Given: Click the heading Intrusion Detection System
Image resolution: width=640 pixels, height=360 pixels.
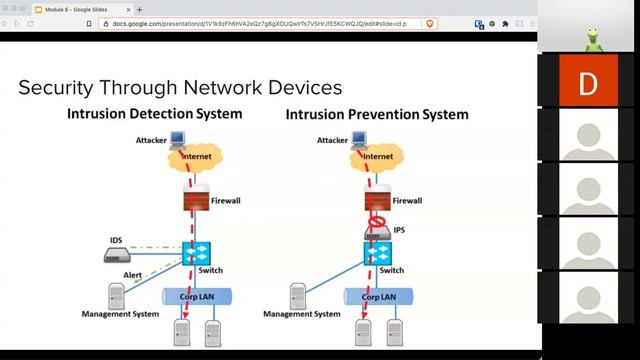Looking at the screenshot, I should (x=154, y=113).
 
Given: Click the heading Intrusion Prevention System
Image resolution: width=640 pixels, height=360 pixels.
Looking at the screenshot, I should (x=377, y=114).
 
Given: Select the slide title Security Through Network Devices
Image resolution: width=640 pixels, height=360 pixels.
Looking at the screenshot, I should (x=180, y=88).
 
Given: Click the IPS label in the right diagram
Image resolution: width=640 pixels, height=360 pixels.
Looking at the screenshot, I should (x=399, y=229).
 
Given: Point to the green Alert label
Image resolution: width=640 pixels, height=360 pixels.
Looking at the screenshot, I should (x=132, y=274).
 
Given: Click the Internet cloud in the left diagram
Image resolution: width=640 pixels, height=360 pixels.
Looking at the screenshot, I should (x=195, y=156).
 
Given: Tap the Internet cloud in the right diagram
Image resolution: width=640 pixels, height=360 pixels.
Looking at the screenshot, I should (x=377, y=156).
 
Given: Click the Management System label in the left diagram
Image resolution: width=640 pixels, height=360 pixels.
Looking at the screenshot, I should (x=121, y=313).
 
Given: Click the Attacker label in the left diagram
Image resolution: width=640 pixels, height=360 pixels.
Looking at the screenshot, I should (x=151, y=141).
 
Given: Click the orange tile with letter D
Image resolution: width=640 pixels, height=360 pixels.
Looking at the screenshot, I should (x=588, y=83).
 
